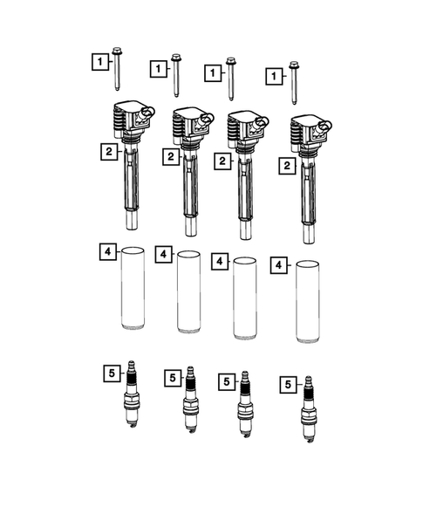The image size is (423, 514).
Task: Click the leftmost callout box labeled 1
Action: [x=102, y=61]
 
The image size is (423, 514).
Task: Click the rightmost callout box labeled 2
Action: [x=284, y=165]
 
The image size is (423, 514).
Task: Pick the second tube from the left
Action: [x=188, y=292]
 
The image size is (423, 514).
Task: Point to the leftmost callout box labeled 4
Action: [x=106, y=252]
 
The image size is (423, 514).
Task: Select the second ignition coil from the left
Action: [x=189, y=166]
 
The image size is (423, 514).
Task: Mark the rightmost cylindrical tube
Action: [x=308, y=301]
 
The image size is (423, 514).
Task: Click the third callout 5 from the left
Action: [x=225, y=381]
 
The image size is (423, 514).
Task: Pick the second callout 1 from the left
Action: [x=159, y=68]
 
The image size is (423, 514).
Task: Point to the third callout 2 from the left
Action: [x=222, y=162]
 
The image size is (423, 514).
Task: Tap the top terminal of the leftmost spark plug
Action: [x=133, y=366]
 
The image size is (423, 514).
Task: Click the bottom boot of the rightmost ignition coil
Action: [x=308, y=234]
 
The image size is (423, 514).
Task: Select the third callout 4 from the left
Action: [x=222, y=261]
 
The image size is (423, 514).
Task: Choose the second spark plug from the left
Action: [x=188, y=403]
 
